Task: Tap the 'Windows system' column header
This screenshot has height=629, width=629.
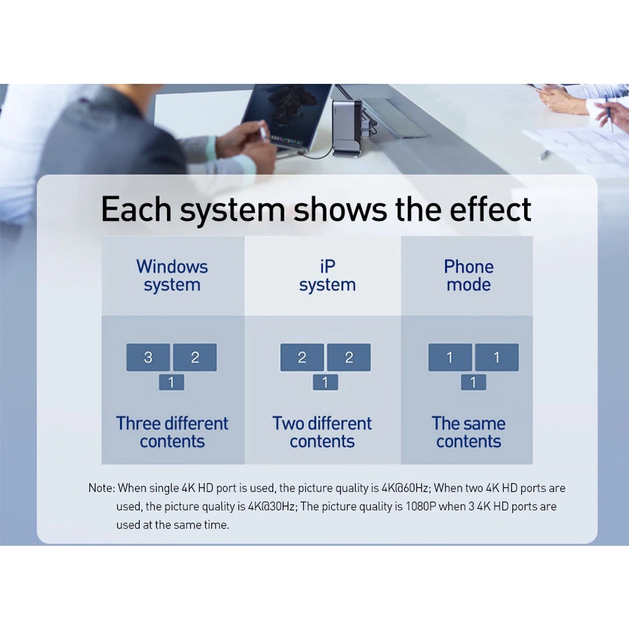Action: click(x=172, y=275)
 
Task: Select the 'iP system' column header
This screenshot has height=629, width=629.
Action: click(x=327, y=275)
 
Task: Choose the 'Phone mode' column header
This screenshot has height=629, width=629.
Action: click(x=468, y=275)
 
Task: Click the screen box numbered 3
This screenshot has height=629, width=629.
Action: click(x=148, y=357)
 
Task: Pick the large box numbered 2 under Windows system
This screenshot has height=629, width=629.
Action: click(x=195, y=357)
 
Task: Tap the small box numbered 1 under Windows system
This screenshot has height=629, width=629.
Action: click(x=171, y=382)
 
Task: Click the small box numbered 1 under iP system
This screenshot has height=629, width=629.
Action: click(x=325, y=382)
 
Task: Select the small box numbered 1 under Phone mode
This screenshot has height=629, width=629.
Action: click(x=473, y=382)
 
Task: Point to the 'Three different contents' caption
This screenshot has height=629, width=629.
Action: click(x=172, y=433)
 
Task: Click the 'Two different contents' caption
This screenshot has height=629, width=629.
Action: click(x=322, y=433)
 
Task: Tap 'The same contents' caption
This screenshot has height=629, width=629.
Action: click(x=468, y=433)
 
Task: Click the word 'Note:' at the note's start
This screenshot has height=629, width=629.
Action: click(x=102, y=489)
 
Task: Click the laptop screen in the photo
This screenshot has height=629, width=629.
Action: click(x=286, y=115)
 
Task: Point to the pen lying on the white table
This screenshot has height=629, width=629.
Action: click(x=544, y=154)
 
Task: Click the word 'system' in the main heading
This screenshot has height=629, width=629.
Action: click(x=232, y=210)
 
